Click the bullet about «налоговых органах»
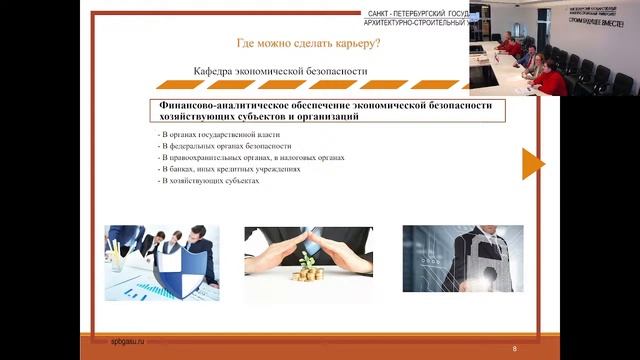pos(251,158)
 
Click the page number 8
pos(514,348)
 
